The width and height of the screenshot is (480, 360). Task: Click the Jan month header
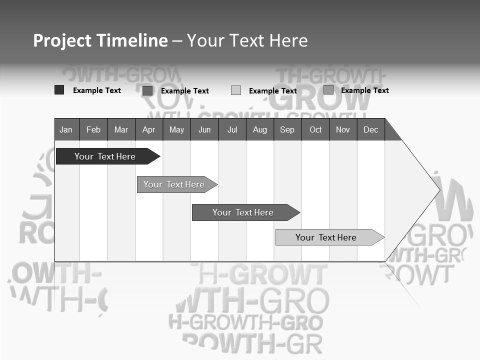(x=66, y=129)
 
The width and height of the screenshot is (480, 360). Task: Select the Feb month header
(x=93, y=129)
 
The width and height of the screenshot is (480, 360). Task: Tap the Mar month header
(x=121, y=129)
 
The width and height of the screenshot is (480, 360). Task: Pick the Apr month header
(x=149, y=129)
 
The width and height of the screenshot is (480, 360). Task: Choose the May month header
(x=176, y=129)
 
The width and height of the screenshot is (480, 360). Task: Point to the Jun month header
(x=204, y=129)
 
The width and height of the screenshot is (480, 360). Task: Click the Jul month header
(x=232, y=129)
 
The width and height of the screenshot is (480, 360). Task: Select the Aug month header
(x=260, y=129)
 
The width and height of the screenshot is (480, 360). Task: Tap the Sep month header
(x=287, y=129)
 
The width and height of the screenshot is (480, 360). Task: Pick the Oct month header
(x=315, y=129)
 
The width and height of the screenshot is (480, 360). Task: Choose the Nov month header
(x=343, y=129)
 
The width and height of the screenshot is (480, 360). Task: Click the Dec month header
(x=371, y=129)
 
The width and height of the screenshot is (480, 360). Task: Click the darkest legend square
(x=59, y=90)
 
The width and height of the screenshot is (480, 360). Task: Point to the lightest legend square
(x=236, y=90)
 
